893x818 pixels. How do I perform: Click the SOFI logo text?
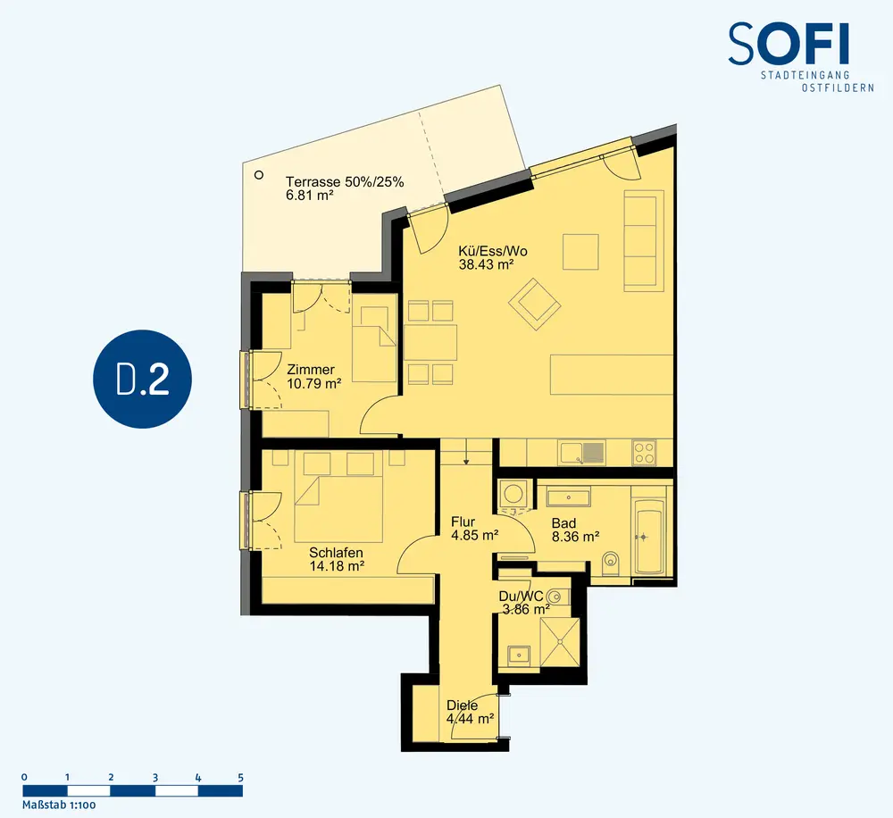point(789,44)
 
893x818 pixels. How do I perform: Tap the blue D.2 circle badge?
point(142,379)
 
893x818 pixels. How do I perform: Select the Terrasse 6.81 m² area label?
point(345,188)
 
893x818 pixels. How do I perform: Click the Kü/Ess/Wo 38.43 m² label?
point(493,257)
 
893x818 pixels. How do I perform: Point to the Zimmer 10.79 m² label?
point(313,377)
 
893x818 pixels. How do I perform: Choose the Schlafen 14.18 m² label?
point(337,559)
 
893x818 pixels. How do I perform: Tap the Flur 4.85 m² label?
point(474,529)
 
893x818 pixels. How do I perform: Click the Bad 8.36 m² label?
point(575,530)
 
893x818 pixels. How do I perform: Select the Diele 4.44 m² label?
point(470,712)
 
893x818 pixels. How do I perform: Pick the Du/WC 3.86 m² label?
point(524,603)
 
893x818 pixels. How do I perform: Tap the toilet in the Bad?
point(611,562)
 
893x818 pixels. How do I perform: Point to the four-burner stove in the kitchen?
point(644,453)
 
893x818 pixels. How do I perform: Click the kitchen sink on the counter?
point(582,453)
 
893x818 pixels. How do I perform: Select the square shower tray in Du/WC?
point(560,643)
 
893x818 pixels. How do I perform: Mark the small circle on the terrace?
point(259,175)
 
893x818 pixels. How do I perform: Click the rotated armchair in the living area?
point(535,305)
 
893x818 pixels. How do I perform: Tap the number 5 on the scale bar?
point(241,778)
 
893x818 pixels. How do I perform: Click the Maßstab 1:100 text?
point(59,805)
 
